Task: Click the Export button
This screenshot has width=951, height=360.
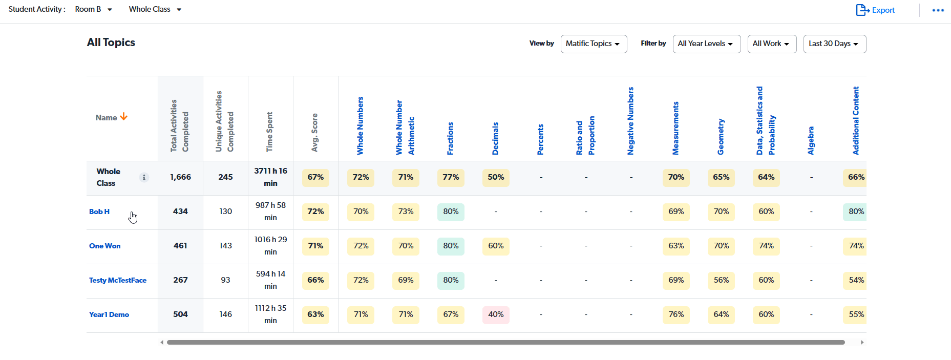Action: [875, 10]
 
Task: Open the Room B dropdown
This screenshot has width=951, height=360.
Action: [93, 9]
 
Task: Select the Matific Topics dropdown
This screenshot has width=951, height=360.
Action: [593, 44]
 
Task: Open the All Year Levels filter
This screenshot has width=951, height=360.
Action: [706, 44]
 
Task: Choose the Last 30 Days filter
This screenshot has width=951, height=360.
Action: [834, 44]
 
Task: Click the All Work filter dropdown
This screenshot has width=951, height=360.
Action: [771, 44]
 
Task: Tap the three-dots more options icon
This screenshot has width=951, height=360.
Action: [938, 10]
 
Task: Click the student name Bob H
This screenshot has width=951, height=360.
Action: [99, 211]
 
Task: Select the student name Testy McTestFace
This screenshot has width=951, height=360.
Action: [118, 280]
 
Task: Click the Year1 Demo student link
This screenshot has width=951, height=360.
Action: [109, 314]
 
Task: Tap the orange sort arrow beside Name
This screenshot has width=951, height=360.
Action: [123, 117]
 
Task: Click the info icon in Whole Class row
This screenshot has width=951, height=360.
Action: [144, 177]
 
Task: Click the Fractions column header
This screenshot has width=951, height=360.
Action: [450, 138]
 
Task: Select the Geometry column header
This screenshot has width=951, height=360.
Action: [721, 137]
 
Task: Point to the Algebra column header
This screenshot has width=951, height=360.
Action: [811, 140]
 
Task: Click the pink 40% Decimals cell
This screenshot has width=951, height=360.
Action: [496, 314]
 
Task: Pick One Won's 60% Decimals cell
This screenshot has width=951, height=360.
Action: [496, 246]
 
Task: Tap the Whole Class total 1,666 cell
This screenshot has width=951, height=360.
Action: [180, 177]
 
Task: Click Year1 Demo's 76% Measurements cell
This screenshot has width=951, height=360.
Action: [676, 314]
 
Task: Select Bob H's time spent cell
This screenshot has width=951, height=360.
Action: [270, 211]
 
